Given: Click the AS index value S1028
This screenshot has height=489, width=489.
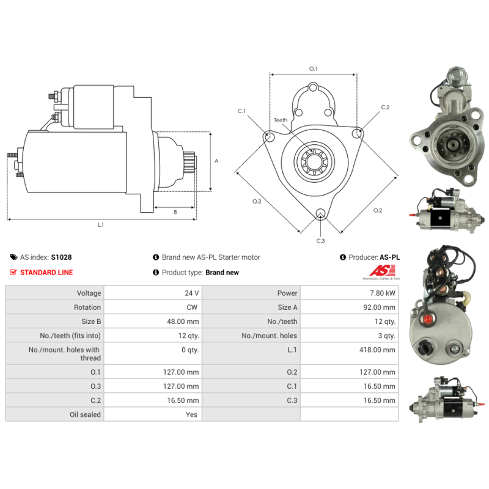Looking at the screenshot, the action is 62,257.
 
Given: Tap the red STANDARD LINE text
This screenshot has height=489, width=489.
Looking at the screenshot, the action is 46,273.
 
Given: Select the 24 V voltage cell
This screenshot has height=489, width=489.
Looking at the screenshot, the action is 191,293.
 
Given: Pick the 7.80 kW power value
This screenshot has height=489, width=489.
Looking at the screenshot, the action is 383,293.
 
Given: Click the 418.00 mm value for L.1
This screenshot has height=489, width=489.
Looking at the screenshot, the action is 377,350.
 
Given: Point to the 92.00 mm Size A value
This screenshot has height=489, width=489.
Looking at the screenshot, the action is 379,307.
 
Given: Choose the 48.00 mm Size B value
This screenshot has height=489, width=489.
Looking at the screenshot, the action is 183,322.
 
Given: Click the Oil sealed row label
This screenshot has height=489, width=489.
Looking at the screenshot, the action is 85,414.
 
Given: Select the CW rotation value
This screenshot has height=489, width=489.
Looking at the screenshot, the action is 192,307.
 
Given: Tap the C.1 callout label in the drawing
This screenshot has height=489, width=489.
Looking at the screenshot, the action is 241,111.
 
